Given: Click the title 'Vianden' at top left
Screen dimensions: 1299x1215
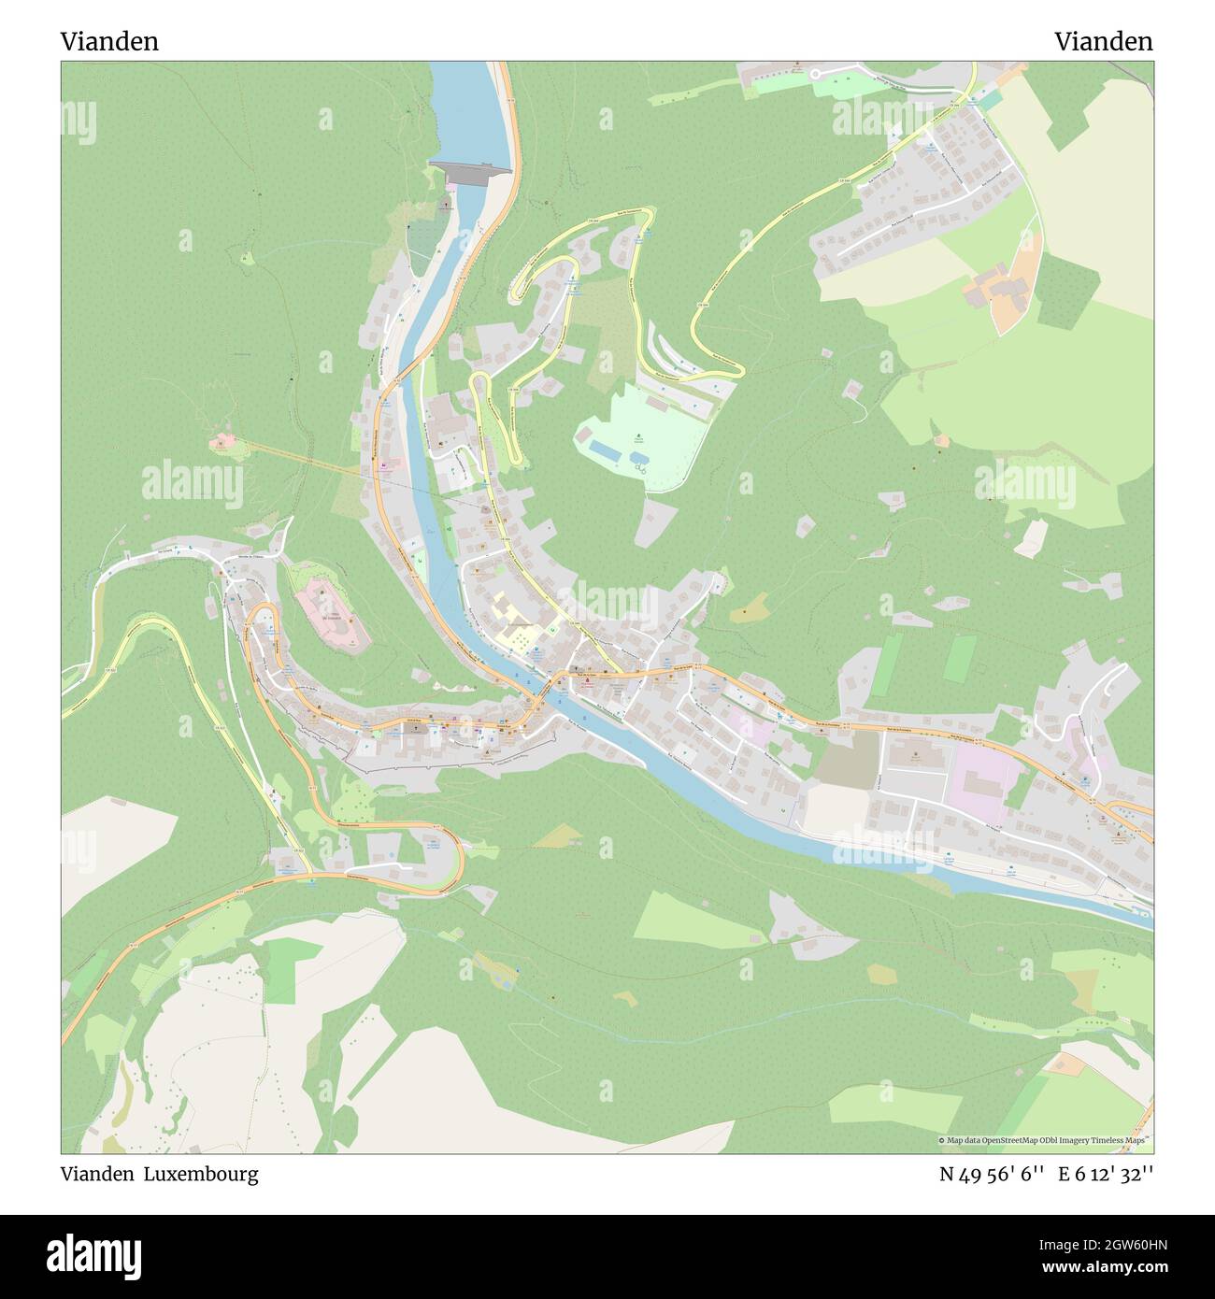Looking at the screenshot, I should coord(109,41).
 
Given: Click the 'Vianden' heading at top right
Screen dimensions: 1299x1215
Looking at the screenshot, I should coord(1103,41).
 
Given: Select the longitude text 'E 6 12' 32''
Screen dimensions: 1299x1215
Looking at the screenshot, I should coord(1106,1175).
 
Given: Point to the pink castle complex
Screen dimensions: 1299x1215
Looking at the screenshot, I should coord(331,613).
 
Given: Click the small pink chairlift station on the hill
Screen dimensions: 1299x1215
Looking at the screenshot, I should coord(222,440).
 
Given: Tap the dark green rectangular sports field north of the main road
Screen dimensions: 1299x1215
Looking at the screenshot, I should coord(958,659).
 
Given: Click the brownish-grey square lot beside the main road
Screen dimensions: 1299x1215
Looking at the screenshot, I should coord(847,757).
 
